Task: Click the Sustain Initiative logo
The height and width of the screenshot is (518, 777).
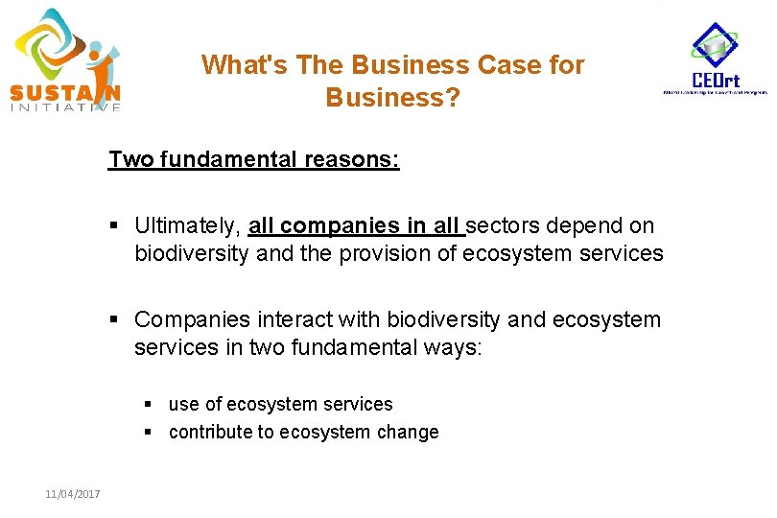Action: coord(66,60)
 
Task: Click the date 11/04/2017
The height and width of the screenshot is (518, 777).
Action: coord(73,494)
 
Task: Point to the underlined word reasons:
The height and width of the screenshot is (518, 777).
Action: coord(352,159)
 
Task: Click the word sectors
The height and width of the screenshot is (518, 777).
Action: coord(506,226)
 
